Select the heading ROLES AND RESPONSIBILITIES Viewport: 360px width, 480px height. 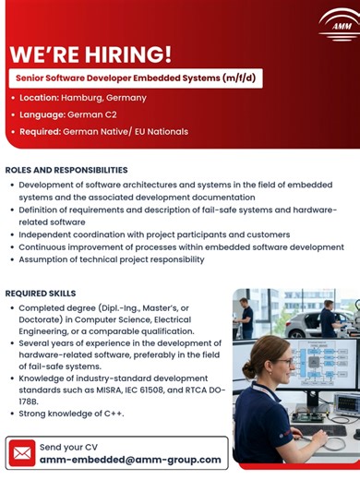click(x=66, y=171)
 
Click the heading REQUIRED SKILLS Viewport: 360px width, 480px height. click(x=42, y=293)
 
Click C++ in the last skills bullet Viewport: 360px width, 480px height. click(x=110, y=414)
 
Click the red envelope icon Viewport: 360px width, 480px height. click(x=22, y=452)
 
